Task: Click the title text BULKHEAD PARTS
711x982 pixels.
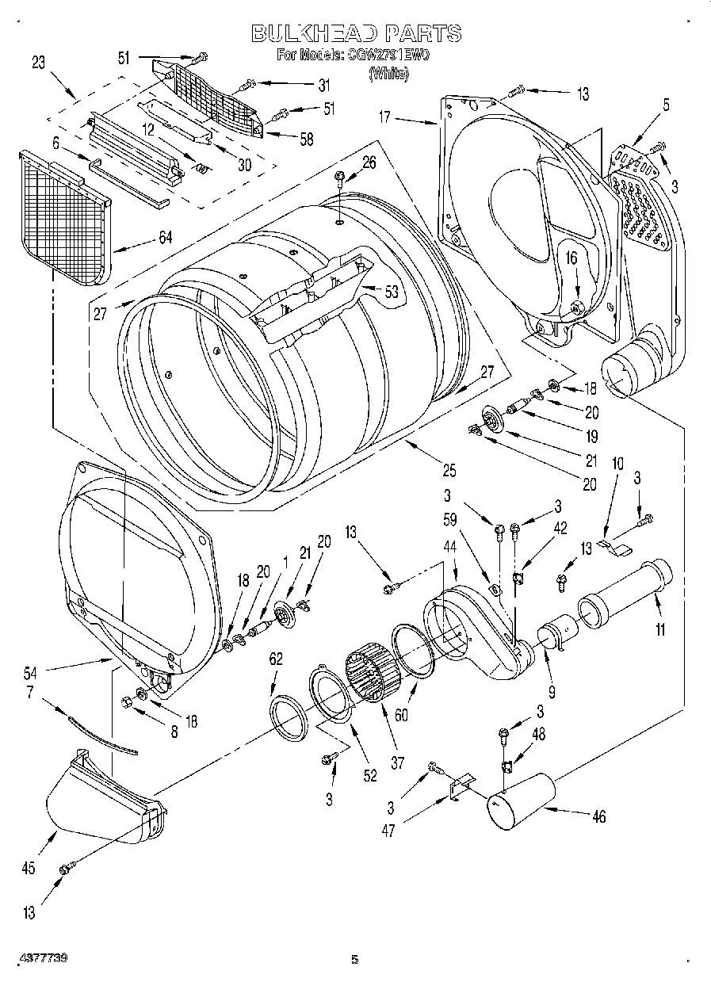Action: (x=356, y=32)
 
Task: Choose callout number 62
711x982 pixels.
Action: (x=276, y=657)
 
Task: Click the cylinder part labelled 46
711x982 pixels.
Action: (x=519, y=801)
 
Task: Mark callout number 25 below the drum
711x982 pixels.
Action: (x=449, y=471)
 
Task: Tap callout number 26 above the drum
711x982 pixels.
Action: (x=369, y=162)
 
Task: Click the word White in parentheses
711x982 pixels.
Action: (x=388, y=74)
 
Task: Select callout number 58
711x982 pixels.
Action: (x=305, y=139)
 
